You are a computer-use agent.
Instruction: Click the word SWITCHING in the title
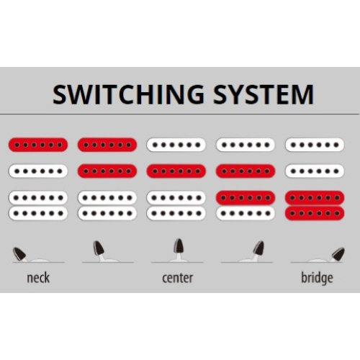128,94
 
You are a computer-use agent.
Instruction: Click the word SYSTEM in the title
264,94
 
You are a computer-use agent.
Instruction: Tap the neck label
38,278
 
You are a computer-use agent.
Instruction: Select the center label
178,278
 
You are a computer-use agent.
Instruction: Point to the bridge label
317,279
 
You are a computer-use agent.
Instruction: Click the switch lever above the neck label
19,254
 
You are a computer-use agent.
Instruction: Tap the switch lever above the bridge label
338,254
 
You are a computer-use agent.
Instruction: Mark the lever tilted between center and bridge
258,251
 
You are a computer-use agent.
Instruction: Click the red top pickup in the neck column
38,145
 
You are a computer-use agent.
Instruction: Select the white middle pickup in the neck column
38,171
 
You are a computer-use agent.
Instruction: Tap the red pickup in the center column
176,171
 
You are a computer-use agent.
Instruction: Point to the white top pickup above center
176,145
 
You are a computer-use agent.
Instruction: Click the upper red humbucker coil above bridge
315,198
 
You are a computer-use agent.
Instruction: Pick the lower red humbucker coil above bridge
315,213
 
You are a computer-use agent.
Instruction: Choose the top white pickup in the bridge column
315,145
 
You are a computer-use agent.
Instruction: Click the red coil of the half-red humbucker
246,198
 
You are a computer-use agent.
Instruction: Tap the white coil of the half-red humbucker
246,213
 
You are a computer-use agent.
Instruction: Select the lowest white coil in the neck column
38,213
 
